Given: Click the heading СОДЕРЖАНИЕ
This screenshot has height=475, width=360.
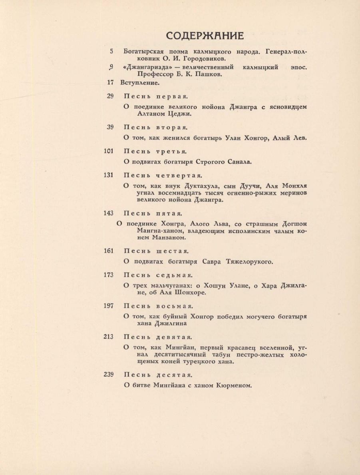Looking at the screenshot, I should pyautogui.click(x=205, y=36).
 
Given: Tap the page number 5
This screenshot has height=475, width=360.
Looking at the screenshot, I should pyautogui.click(x=111, y=52).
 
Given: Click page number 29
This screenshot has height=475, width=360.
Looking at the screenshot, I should pyautogui.click(x=110, y=96).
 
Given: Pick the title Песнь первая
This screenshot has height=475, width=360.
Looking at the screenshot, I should pyautogui.click(x=156, y=96).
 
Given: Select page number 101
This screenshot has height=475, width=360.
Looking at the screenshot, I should pyautogui.click(x=109, y=151).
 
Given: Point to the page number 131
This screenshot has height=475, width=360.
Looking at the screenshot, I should pyautogui.click(x=109, y=175).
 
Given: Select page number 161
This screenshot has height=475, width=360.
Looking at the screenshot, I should pyautogui.click(x=109, y=251).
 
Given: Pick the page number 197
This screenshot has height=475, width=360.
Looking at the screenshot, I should pyautogui.click(x=109, y=306).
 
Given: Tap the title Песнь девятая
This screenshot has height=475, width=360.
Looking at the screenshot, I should pyautogui.click(x=159, y=337).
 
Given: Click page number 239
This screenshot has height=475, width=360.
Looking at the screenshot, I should pyautogui.click(x=109, y=375).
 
